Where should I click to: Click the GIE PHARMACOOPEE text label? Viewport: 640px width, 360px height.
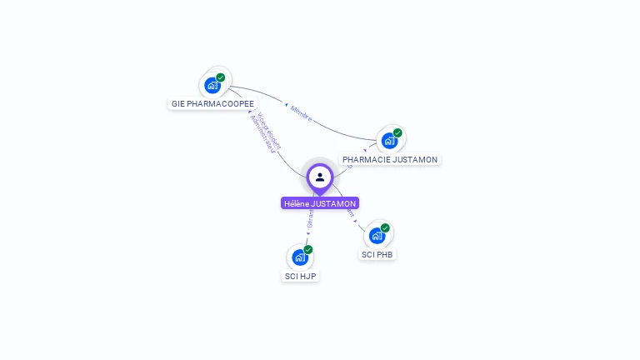point(212,104)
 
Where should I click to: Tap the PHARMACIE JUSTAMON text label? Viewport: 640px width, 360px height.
point(390,159)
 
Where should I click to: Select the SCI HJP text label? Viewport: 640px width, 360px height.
point(300,276)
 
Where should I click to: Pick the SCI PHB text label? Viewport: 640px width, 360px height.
point(377,254)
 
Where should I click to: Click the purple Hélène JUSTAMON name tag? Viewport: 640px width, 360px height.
point(320,203)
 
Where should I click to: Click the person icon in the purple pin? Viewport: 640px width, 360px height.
point(320,177)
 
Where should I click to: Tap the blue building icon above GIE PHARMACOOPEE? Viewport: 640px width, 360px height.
point(212,85)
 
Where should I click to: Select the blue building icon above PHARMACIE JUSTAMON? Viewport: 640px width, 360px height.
point(389,140)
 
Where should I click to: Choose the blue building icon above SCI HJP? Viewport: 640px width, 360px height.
point(300,257)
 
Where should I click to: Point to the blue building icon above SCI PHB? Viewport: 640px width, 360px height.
point(377,235)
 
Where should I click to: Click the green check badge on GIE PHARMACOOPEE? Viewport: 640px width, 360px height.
point(221,77)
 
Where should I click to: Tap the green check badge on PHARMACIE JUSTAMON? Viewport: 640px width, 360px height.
point(397,132)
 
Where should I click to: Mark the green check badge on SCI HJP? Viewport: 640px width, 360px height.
point(308,249)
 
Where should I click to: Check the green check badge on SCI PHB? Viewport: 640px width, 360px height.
point(385,227)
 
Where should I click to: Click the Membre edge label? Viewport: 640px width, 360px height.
point(301,113)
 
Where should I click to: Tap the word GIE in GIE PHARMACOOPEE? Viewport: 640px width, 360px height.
point(177,104)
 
